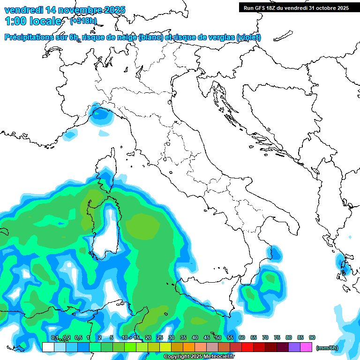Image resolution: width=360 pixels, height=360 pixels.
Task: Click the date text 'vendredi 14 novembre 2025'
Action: click(65, 10)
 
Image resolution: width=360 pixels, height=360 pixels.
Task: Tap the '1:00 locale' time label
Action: click(33, 21)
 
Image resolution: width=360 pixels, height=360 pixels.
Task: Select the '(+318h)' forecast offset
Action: click(83, 21)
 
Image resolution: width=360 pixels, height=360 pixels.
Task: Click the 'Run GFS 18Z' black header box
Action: click(296, 7)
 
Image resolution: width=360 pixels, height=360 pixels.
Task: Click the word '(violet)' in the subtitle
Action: click(248, 37)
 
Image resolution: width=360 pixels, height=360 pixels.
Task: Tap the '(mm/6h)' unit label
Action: click(327, 348)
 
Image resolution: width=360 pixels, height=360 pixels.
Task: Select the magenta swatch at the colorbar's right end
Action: click(307, 347)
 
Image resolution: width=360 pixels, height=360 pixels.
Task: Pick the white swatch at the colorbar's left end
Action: click(48, 347)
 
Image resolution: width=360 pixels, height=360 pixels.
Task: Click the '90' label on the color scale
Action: click(312, 337)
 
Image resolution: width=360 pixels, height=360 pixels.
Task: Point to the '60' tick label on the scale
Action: click(242, 337)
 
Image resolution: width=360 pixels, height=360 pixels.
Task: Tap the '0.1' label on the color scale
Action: click(55, 337)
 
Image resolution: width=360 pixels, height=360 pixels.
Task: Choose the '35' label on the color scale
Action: click(183, 337)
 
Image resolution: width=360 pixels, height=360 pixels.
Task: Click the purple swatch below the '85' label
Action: click(295, 347)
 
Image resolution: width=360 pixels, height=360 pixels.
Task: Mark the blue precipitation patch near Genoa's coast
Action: click(99, 114)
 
